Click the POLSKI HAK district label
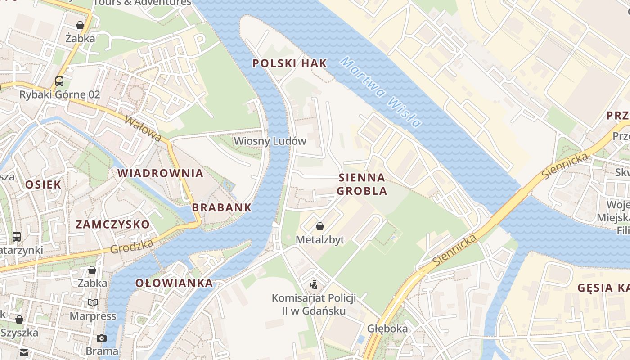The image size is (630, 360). pyautogui.click(x=289, y=63)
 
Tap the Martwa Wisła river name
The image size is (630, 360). pyautogui.click(x=380, y=92)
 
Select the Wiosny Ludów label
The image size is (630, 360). pyautogui.click(x=270, y=141)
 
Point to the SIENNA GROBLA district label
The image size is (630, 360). pyautogui.click(x=362, y=184)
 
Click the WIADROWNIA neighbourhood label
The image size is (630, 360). pyautogui.click(x=161, y=173)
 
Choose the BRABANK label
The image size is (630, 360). pyautogui.click(x=222, y=207)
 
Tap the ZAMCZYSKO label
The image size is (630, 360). pyautogui.click(x=112, y=225)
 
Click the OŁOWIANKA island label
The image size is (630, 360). pyautogui.click(x=174, y=283)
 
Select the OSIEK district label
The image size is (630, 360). pyautogui.click(x=43, y=184)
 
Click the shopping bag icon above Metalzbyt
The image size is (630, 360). pyautogui.click(x=319, y=226)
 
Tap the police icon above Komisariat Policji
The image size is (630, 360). pyautogui.click(x=314, y=284)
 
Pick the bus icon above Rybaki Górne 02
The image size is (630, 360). pyautogui.click(x=59, y=81)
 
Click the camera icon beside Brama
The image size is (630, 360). pyautogui.click(x=102, y=338)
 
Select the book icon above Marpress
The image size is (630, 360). pyautogui.click(x=93, y=303)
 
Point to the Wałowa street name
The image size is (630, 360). pyautogui.click(x=143, y=128)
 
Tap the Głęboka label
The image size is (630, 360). pyautogui.click(x=387, y=328)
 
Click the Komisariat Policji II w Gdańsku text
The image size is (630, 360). pyautogui.click(x=314, y=304)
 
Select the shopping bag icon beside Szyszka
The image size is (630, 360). pyautogui.click(x=19, y=319)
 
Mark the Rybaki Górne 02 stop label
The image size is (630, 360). pyautogui.click(x=59, y=94)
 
